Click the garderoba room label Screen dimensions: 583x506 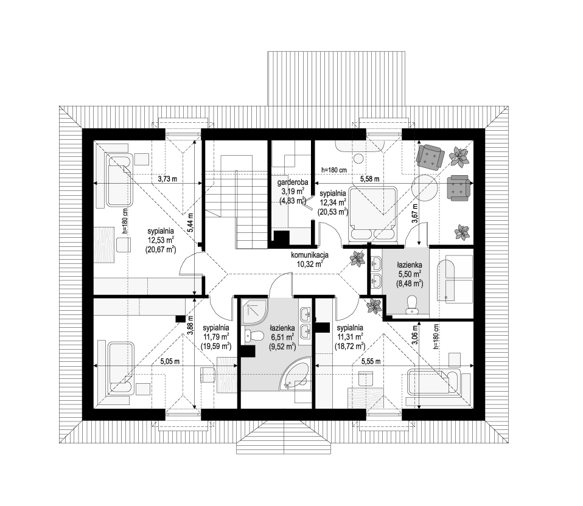pyautogui.click(x=292, y=182)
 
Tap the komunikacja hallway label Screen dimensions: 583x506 pyautogui.click(x=309, y=255)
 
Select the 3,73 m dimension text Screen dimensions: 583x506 pyautogui.click(x=168, y=179)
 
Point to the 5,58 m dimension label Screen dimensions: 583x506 pyautogui.click(x=370, y=179)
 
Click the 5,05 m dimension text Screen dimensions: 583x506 pyautogui.click(x=170, y=361)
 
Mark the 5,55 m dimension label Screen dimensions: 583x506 pyautogui.click(x=371, y=361)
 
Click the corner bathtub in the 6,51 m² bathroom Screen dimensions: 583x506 pyautogui.click(x=296, y=376)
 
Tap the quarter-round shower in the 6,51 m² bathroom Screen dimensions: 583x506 pyautogui.click(x=254, y=313)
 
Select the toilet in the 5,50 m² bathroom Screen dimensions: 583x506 pyautogui.click(x=411, y=304)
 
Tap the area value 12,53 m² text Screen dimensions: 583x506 pyautogui.click(x=160, y=240)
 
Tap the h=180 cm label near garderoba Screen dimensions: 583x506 pyautogui.click(x=334, y=170)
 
